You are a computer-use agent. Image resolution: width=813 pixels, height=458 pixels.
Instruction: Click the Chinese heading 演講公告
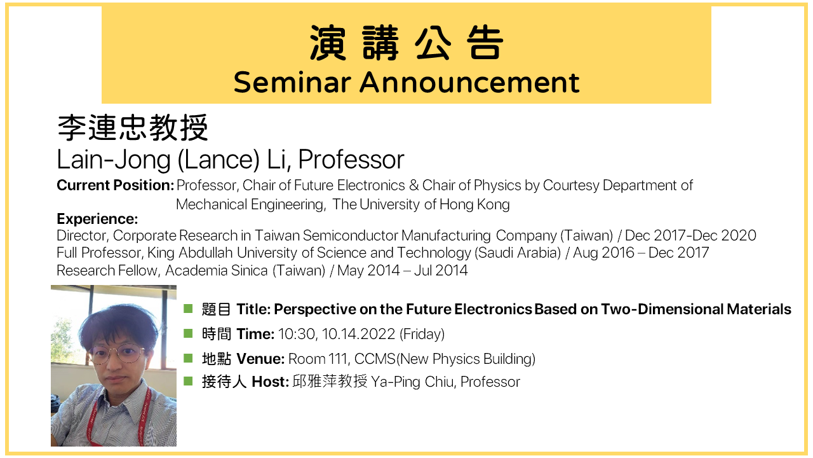tap(406, 43)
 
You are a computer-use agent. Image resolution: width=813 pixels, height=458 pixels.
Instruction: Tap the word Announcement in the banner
tap(469, 83)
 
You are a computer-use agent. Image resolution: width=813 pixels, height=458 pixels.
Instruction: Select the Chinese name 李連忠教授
tap(133, 128)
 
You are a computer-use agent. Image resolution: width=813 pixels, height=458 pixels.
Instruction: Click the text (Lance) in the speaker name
tap(218, 159)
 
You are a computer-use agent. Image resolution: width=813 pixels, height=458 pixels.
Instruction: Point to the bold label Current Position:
tap(116, 185)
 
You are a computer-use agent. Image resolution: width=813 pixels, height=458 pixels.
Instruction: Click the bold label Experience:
tap(97, 219)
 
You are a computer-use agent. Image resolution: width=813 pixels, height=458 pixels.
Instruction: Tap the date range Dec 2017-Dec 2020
tap(690, 235)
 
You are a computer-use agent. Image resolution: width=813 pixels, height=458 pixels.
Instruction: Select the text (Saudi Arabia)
tap(518, 253)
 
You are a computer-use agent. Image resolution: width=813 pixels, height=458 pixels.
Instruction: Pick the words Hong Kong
tap(474, 205)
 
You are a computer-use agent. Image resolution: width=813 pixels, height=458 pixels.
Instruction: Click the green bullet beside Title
tap(188, 309)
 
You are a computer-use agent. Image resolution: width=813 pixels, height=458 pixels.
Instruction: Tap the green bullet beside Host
tap(188, 381)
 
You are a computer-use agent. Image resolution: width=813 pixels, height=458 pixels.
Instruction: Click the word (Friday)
tap(422, 334)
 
